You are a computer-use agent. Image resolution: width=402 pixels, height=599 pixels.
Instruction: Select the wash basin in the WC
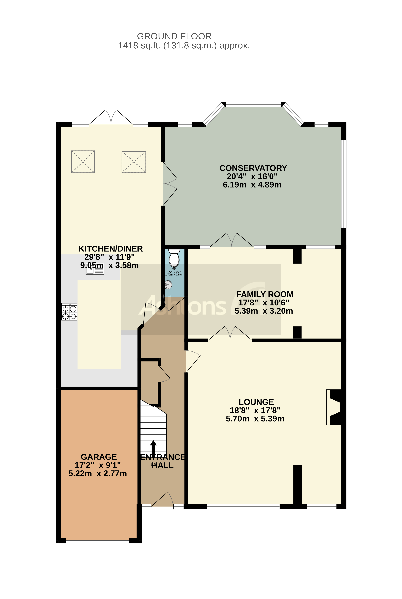point(168,284)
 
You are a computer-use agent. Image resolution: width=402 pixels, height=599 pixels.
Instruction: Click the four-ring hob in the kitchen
point(69,312)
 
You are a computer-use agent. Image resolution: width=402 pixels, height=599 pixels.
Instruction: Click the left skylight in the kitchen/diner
point(83,162)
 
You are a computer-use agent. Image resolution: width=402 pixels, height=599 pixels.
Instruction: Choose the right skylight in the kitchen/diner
point(134,162)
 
